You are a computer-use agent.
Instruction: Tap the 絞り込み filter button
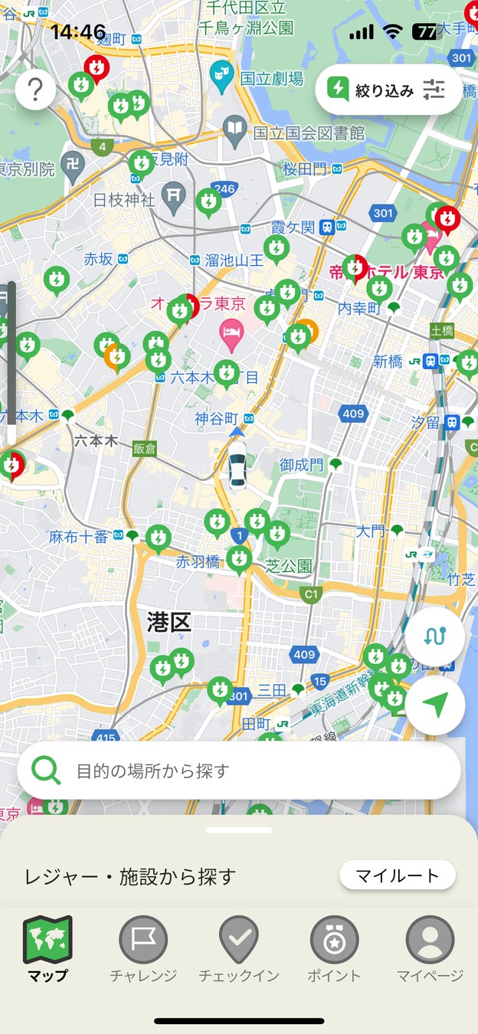tap(388, 90)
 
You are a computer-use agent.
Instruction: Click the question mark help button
tap(35, 90)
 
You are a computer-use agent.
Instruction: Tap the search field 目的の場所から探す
tap(239, 771)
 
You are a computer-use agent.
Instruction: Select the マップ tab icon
tap(47, 941)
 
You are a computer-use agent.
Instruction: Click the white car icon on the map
tap(237, 464)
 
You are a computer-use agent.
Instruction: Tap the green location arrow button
tap(435, 705)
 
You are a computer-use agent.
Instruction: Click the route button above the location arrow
tap(435, 636)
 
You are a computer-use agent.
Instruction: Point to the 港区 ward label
tap(169, 622)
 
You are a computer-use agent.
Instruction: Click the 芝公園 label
tap(289, 566)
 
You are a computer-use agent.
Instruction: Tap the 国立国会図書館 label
tap(309, 133)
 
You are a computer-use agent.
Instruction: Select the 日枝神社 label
tap(124, 200)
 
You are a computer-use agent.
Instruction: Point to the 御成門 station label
tap(301, 465)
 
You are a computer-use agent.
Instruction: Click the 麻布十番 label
tap(79, 537)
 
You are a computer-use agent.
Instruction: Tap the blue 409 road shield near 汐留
tap(353, 414)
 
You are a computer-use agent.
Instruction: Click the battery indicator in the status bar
tap(424, 31)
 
